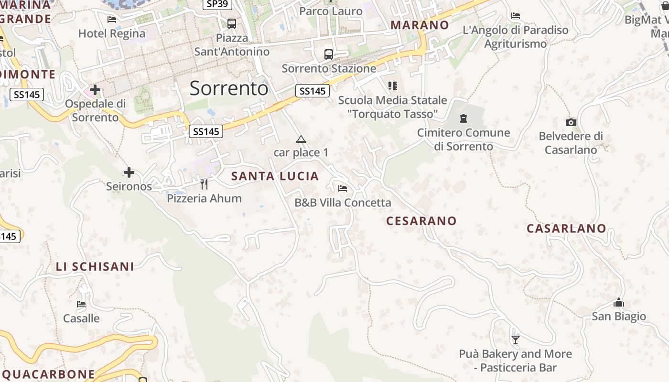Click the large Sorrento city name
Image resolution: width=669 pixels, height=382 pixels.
click(229, 88)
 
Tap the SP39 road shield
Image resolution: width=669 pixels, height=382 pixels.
click(217, 4)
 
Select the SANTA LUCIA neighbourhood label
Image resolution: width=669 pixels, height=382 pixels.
click(275, 176)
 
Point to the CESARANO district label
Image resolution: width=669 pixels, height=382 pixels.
click(421, 221)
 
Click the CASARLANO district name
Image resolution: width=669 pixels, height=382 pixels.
click(566, 228)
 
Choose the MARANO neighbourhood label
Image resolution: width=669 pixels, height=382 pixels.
click(420, 25)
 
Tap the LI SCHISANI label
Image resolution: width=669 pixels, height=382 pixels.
click(95, 266)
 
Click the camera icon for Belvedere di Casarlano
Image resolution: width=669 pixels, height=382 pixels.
click(571, 122)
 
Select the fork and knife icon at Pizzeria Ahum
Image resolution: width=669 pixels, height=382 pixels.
click(204, 184)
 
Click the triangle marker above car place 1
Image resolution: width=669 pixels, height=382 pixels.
click(301, 139)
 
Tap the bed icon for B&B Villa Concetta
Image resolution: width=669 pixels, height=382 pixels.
click(343, 188)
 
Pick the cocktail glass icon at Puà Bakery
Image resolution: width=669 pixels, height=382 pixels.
click(515, 340)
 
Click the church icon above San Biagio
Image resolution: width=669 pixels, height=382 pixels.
click(619, 302)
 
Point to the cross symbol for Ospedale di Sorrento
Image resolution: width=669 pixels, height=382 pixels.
click(95, 89)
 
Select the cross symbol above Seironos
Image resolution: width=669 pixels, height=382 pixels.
click(129, 172)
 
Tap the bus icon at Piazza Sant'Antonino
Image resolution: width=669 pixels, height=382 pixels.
click(232, 23)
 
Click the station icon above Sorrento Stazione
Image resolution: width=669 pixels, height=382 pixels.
click(329, 54)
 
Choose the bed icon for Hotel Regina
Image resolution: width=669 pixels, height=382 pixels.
click(112, 20)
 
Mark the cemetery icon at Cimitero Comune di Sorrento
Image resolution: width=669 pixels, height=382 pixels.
click(463, 118)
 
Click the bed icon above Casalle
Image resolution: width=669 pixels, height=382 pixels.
click(81, 304)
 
